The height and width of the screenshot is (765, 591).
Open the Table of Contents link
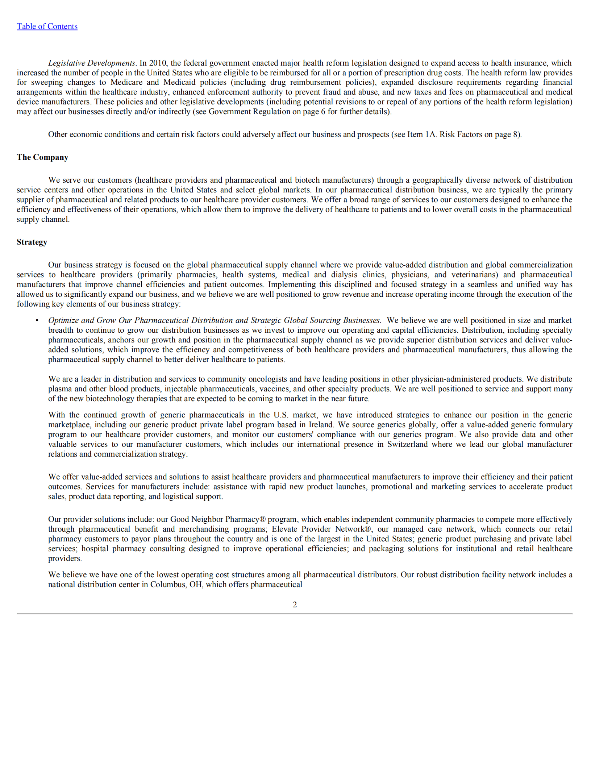(x=47, y=26)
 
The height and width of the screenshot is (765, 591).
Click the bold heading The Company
(x=42, y=157)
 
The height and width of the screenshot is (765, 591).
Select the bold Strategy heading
(x=32, y=242)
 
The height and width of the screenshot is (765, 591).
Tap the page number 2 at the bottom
(x=295, y=604)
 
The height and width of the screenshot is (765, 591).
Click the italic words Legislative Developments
(x=92, y=63)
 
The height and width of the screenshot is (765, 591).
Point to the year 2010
(x=158, y=63)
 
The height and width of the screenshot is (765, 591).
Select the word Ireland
(x=322, y=425)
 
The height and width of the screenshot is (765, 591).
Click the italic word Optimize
(x=63, y=320)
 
